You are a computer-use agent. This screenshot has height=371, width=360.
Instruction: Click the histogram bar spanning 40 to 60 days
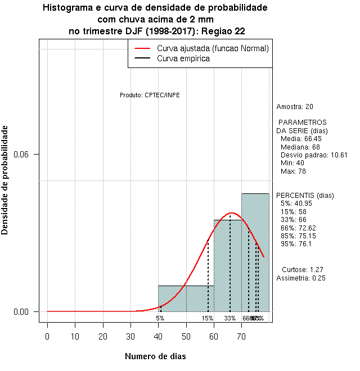[x=186, y=298]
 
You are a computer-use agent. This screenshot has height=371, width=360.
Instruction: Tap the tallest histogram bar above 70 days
[x=255, y=252]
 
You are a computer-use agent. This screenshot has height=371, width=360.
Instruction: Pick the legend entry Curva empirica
[x=183, y=58]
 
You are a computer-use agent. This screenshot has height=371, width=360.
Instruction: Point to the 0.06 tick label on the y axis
[x=30, y=155]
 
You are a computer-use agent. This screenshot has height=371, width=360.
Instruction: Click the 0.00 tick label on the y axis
[x=30, y=312]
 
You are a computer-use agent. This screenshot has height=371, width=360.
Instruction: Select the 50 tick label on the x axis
[x=186, y=337]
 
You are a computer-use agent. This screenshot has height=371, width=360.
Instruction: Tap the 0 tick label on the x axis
[x=47, y=337]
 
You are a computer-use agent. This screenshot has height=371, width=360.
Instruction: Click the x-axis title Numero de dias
[x=155, y=356]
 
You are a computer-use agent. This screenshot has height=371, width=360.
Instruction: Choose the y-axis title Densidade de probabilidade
[x=5, y=180]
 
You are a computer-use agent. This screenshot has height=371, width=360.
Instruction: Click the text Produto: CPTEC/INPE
[x=150, y=95]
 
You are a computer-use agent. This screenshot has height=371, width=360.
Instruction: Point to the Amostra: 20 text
[x=295, y=107]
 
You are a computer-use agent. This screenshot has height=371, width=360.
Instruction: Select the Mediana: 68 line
[x=300, y=147]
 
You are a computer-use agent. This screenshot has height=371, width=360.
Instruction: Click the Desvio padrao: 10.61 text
[x=313, y=155]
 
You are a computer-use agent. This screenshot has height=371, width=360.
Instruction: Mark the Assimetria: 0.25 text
[x=301, y=278]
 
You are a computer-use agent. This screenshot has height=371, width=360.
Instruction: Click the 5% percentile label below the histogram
[x=160, y=318]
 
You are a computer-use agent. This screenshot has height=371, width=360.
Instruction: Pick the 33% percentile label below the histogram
[x=229, y=318]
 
